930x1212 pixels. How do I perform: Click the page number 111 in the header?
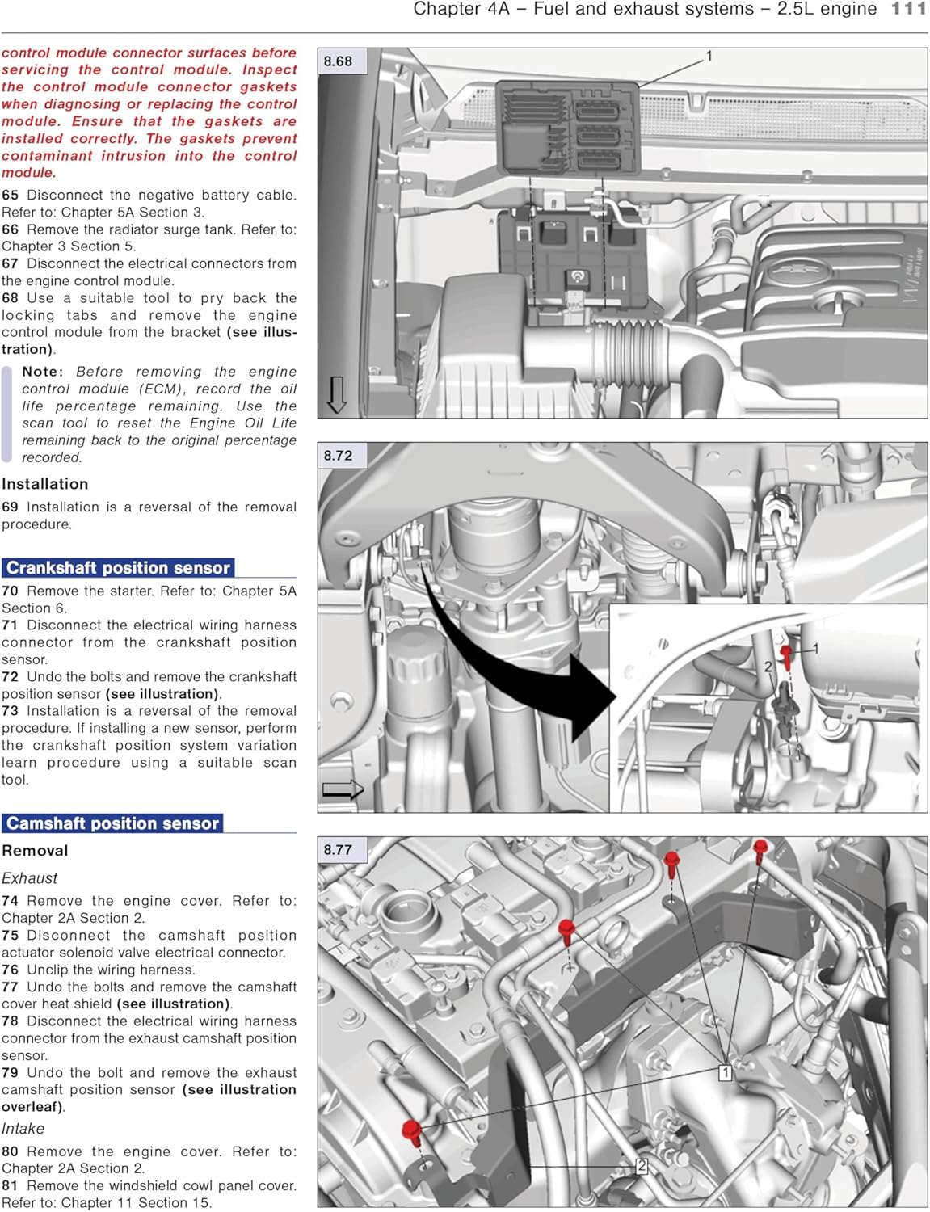(x=908, y=9)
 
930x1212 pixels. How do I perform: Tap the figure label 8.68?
(x=338, y=61)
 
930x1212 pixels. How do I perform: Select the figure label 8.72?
(x=338, y=456)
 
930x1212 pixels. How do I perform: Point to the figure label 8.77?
(x=338, y=850)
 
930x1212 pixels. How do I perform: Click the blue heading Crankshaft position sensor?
(x=118, y=568)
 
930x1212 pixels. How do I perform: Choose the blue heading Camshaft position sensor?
(x=112, y=823)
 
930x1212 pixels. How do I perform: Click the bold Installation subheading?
(x=45, y=484)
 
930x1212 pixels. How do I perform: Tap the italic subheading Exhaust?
(x=30, y=878)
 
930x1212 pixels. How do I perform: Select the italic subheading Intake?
(x=23, y=1129)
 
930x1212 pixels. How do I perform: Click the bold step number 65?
(x=10, y=196)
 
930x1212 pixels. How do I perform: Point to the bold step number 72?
(x=10, y=677)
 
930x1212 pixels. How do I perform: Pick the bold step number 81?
(x=10, y=1186)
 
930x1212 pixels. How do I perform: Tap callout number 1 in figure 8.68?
(x=709, y=56)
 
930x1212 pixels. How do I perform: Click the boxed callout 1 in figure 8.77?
(x=725, y=1073)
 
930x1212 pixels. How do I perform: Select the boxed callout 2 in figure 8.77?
(x=642, y=1166)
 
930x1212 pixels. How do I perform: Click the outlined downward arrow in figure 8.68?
(x=336, y=394)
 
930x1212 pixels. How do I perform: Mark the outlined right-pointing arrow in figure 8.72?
(x=343, y=789)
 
